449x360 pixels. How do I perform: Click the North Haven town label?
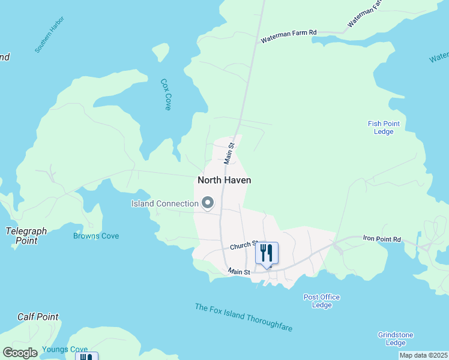224,180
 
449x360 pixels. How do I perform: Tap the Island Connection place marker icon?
208,203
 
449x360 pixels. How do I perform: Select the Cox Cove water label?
166,94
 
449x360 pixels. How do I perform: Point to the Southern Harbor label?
49,35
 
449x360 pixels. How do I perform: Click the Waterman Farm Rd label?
288,37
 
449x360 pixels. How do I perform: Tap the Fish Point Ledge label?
384,128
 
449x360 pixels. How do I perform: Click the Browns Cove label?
96,236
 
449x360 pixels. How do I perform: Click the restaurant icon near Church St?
267,253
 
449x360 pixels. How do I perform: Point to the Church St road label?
243,247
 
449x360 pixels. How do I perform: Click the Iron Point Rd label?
381,239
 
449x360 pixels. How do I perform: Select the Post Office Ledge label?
322,301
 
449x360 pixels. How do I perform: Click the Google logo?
20,353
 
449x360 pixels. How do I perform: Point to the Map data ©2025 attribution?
424,355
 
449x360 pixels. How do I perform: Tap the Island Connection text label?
164,203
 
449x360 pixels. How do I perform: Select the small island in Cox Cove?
160,52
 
